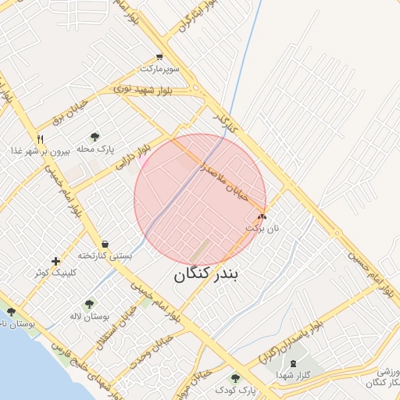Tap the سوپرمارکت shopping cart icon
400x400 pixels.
coord(159,57)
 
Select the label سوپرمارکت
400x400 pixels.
coord(159,69)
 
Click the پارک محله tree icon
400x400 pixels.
coord(95,137)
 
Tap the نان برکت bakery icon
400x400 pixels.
coord(262,216)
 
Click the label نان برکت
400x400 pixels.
coord(262,227)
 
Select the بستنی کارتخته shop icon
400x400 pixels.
coord(105,244)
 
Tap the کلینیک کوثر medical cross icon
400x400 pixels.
coord(55,261)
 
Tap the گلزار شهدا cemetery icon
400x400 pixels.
coord(293,363)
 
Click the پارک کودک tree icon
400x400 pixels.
coord(235,378)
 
